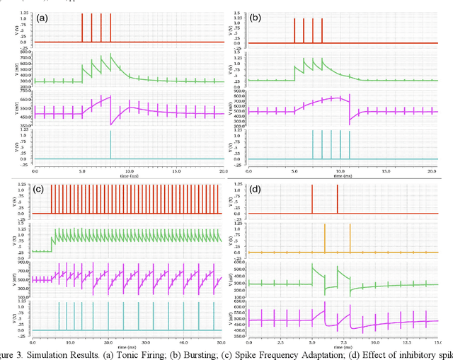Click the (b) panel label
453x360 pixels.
(x=257, y=16)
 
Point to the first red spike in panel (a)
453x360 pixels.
(x=82, y=28)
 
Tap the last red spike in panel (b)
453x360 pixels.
(x=322, y=29)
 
